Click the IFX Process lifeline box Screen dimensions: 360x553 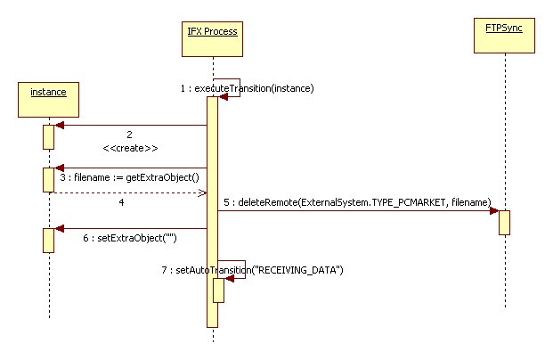213,31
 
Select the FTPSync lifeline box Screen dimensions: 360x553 503,30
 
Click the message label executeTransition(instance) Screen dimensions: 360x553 247,88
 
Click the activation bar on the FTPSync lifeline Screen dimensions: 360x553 504,222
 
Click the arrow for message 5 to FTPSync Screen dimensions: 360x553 356,211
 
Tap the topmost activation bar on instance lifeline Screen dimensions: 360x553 48,136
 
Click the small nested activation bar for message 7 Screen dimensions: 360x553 218,290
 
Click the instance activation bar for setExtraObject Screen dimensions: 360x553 48,239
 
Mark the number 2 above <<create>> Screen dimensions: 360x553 130,135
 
